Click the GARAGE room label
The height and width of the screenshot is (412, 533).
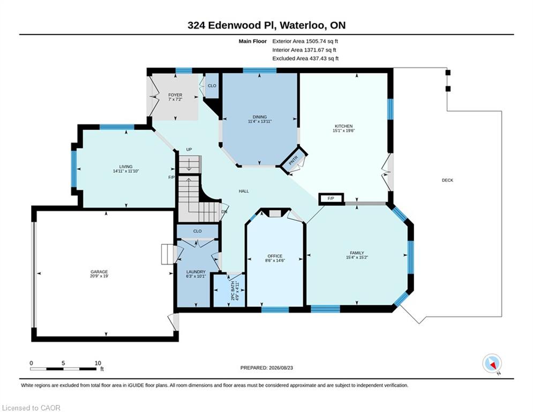(x=99, y=271)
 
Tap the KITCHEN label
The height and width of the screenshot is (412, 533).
(x=344, y=126)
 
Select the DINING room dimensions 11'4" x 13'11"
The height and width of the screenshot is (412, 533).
(x=260, y=121)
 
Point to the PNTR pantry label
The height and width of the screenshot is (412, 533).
(x=294, y=160)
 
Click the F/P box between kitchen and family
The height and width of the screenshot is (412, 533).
(x=331, y=198)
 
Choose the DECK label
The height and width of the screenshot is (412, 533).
(x=447, y=180)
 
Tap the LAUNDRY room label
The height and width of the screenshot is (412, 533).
(x=196, y=271)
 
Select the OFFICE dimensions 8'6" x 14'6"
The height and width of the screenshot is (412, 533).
(x=275, y=260)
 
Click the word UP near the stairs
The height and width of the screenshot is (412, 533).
(x=189, y=150)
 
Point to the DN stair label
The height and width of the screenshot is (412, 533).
(x=224, y=211)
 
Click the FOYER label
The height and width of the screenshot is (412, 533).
(x=175, y=95)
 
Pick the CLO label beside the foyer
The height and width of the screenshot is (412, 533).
(x=212, y=85)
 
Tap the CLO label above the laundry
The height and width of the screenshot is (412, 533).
(x=198, y=231)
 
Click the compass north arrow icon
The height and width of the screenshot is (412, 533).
(x=492, y=364)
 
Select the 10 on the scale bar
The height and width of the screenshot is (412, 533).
(x=98, y=363)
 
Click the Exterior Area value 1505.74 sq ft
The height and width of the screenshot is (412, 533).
(x=322, y=41)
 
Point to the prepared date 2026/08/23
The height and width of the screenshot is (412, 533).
(x=281, y=367)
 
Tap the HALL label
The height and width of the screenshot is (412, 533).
(x=244, y=191)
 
